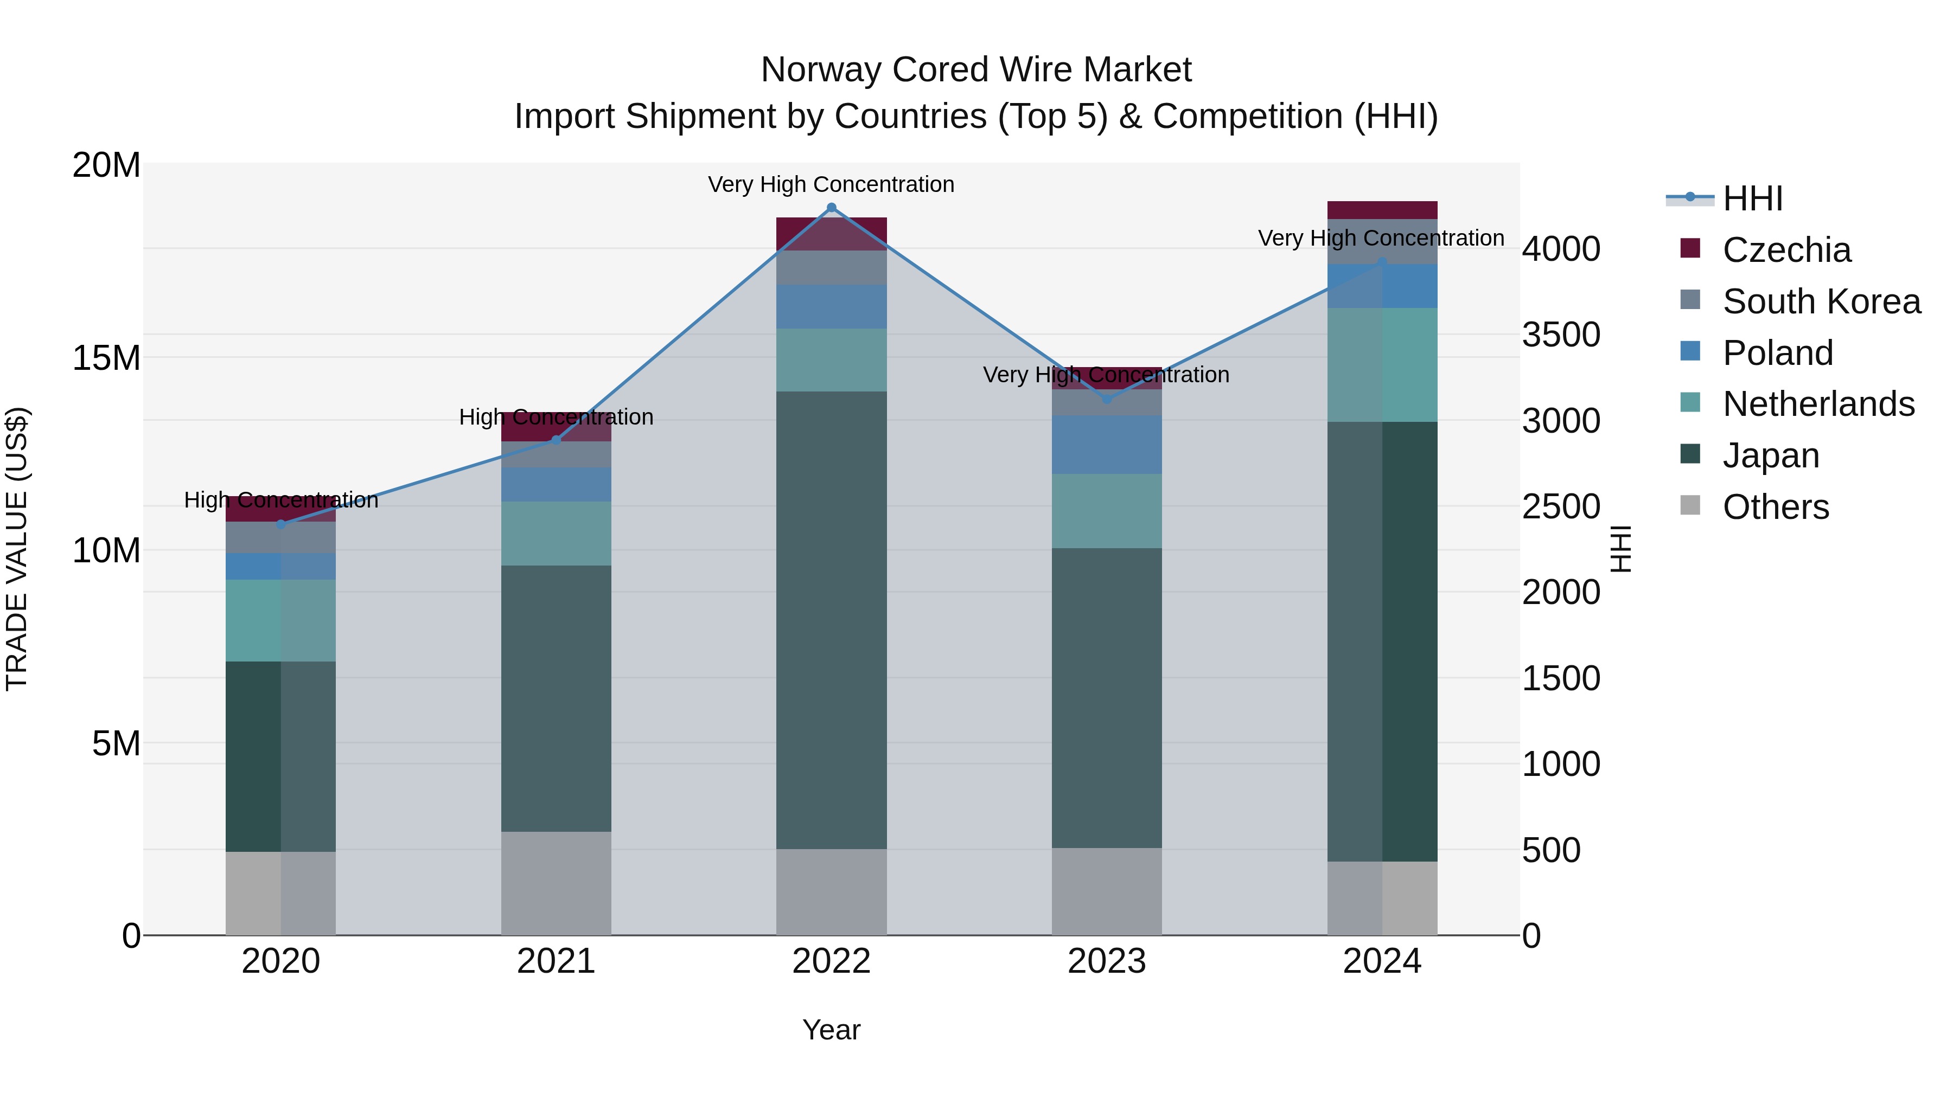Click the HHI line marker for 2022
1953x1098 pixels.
[x=831, y=208]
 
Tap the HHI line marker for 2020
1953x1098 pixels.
[x=280, y=524]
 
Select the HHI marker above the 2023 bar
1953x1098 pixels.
[x=1106, y=399]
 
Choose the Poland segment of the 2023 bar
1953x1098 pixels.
[x=1106, y=445]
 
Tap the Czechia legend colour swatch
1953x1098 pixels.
[x=1690, y=248]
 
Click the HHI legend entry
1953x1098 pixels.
[x=1751, y=198]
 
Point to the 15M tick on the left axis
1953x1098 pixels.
[x=106, y=358]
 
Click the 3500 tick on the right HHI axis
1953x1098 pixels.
[x=1561, y=335]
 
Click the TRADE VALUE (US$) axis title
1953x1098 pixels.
[x=17, y=549]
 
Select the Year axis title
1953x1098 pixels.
[x=831, y=1030]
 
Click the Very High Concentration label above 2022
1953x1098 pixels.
[x=831, y=184]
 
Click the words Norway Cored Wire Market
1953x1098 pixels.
[x=976, y=70]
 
